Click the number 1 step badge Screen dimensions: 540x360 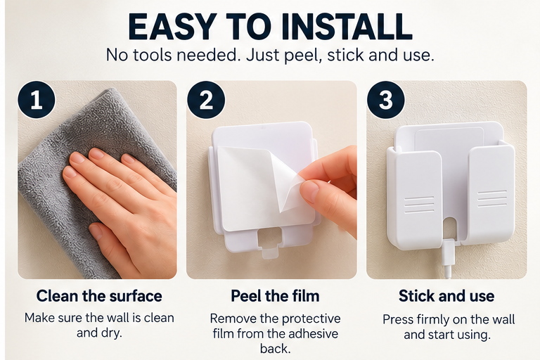pos(36,100)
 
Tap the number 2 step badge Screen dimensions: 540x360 pos(206,100)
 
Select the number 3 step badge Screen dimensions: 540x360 pos(386,100)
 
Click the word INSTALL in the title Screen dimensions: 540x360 pos(347,27)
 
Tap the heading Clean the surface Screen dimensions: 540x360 pos(99,296)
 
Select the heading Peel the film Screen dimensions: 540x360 pos(275,296)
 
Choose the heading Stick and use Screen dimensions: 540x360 pos(446,296)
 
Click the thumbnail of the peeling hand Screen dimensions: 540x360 pos(309,189)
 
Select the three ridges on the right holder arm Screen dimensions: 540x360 pos(492,199)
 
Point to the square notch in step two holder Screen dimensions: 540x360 pos(269,238)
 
